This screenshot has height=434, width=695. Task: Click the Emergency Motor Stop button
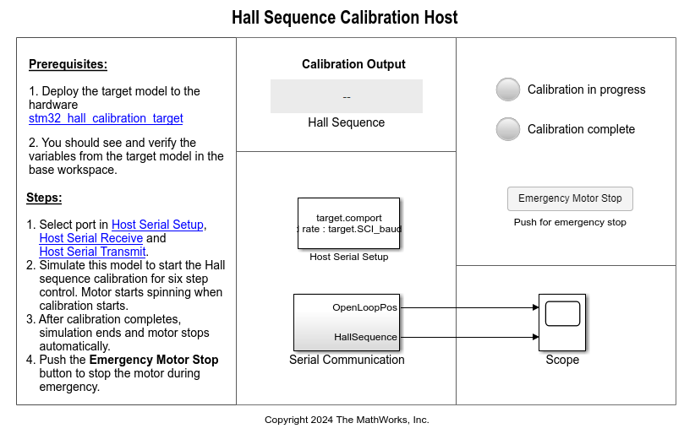(x=570, y=198)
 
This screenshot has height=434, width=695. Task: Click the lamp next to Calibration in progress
(x=507, y=90)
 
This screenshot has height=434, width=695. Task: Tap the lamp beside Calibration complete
(x=507, y=129)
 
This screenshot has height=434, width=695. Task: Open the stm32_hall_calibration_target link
(x=106, y=118)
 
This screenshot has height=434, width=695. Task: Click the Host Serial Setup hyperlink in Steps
(x=157, y=225)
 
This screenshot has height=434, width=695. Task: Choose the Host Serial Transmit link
(x=93, y=252)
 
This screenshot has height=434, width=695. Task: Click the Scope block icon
(x=562, y=323)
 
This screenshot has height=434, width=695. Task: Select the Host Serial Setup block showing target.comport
(x=348, y=223)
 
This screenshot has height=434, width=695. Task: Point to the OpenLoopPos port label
(x=364, y=307)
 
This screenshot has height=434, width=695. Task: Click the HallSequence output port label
(x=365, y=337)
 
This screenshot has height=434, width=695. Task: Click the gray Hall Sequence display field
(x=347, y=96)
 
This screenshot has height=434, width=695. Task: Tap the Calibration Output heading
(x=353, y=64)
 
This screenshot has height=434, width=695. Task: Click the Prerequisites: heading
(x=68, y=64)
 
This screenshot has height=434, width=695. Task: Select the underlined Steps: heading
(x=44, y=198)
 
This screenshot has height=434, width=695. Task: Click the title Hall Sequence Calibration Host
(x=345, y=18)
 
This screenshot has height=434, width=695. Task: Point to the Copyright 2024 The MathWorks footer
(x=347, y=420)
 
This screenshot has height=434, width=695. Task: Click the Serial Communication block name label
(x=347, y=360)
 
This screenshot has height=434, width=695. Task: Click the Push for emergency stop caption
(x=570, y=222)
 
